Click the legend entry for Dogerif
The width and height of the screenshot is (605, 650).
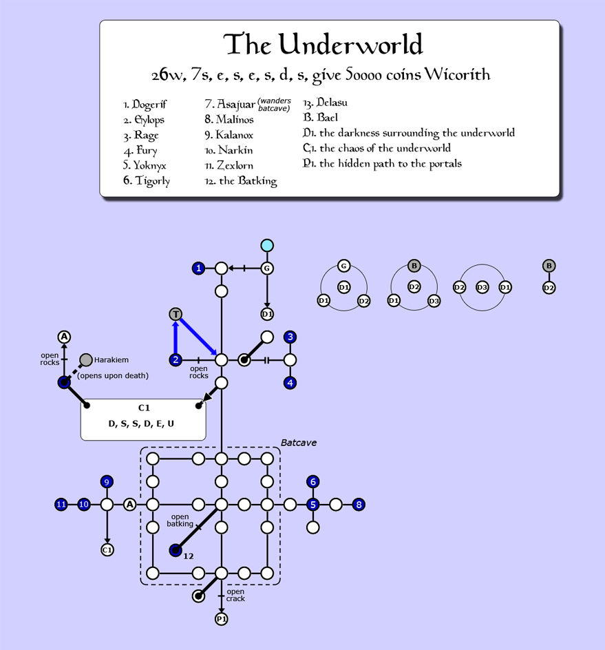click(145, 105)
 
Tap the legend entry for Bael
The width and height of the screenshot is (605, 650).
click(320, 118)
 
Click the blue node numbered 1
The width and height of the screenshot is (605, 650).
click(199, 269)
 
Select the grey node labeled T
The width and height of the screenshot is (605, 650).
click(176, 314)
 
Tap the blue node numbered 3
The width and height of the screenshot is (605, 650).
click(290, 337)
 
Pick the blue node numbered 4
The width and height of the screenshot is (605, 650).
click(290, 383)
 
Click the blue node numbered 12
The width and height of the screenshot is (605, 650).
click(176, 550)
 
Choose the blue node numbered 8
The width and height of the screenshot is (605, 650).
click(359, 505)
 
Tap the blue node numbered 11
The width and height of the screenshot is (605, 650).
click(61, 505)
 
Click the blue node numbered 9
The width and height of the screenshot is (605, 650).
click(107, 481)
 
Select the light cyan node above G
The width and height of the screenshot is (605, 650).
click(267, 245)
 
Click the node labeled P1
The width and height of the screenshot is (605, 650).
click(222, 619)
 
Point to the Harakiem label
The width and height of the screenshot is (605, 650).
click(112, 360)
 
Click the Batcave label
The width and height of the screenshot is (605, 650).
click(299, 443)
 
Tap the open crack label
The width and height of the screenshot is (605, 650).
click(235, 595)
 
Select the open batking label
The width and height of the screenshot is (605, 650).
click(180, 521)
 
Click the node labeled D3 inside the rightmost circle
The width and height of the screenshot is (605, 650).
click(482, 287)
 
